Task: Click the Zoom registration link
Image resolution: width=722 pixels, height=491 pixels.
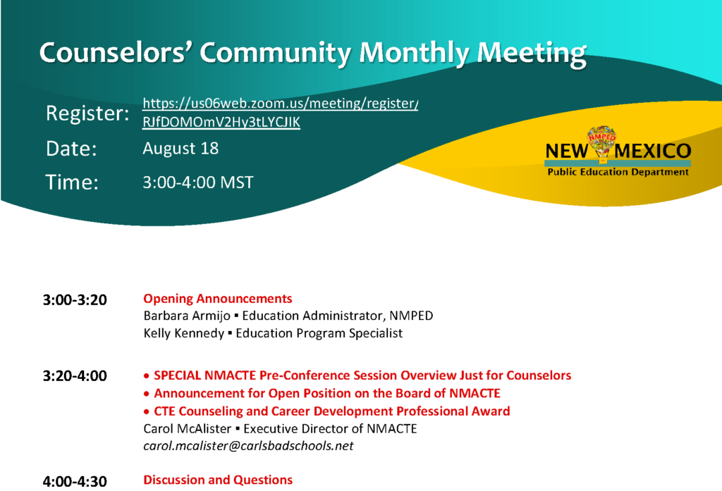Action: tap(281, 112)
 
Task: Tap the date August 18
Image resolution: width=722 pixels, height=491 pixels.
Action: tap(180, 148)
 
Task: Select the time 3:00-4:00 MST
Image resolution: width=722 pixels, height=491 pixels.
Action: tap(198, 182)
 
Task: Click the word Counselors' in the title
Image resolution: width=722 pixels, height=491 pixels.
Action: tap(116, 52)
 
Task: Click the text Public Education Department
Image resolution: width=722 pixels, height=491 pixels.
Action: tap(618, 172)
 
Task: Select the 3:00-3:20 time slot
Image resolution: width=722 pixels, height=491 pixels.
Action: tap(75, 300)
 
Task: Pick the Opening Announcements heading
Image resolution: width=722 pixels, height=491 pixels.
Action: tap(218, 299)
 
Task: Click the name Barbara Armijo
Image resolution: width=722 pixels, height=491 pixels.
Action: tap(187, 316)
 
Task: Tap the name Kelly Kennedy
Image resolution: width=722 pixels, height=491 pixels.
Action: tap(184, 333)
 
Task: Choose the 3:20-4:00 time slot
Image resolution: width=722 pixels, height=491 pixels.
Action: tap(75, 376)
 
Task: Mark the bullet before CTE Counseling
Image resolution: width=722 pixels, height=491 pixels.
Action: tap(147, 412)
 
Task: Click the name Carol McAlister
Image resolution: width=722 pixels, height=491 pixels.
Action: tap(188, 429)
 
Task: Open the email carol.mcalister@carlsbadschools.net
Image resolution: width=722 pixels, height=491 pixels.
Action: tap(248, 446)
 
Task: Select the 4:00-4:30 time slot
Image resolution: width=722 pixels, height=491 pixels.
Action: tap(75, 482)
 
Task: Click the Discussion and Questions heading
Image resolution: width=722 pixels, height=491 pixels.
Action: tap(218, 480)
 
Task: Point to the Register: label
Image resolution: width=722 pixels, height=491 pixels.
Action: tap(87, 113)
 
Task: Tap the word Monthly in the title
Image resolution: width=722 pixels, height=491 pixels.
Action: tap(414, 53)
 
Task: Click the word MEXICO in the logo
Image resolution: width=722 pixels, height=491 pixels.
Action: tap(653, 151)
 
